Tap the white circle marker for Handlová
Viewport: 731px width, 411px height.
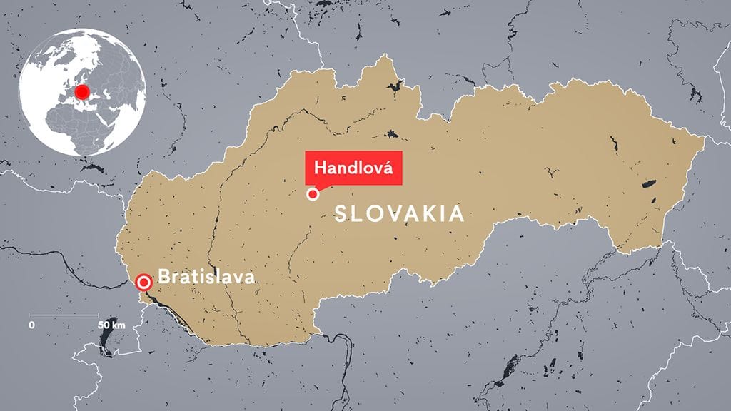[x=312, y=194]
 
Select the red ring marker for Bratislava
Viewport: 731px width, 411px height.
[x=145, y=282]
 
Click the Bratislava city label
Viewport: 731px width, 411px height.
[x=206, y=276]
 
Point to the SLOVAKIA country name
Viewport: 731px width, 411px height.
[x=400, y=213]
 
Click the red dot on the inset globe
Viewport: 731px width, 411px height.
[x=82, y=93]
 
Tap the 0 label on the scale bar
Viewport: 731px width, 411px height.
[x=31, y=325]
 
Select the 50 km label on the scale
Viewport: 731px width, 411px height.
[x=112, y=325]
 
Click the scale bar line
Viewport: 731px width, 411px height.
[x=64, y=315]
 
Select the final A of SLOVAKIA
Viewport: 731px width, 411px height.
[x=458, y=213]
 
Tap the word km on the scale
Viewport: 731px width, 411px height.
[x=119, y=325]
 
